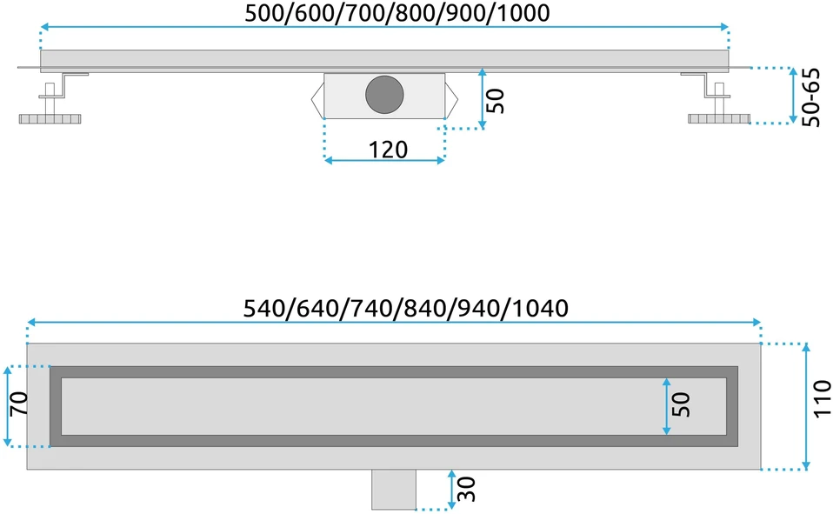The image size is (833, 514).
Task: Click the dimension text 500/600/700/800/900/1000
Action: click(397, 13)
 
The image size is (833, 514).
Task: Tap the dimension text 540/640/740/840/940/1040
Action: click(406, 308)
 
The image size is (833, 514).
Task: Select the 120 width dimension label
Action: click(388, 150)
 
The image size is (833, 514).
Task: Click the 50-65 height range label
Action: click(810, 97)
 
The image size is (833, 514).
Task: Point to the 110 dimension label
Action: click(822, 398)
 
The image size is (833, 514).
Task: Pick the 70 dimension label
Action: click(18, 404)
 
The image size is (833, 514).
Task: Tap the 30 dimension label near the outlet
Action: click(465, 489)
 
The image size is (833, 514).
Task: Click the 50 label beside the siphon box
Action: click(495, 101)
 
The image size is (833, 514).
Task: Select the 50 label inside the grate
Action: click(681, 404)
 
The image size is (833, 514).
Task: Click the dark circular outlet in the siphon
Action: click(384, 94)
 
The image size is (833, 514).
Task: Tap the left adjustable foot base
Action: click(50, 118)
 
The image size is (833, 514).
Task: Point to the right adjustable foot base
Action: click(719, 118)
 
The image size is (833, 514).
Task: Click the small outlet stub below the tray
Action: click(394, 489)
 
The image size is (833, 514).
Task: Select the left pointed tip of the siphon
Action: click(312, 98)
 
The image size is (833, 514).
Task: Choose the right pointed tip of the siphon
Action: click(456, 98)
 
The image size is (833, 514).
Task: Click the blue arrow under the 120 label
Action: click(384, 160)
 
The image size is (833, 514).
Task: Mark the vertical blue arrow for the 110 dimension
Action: click(806, 407)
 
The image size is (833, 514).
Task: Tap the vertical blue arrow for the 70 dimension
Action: click(8, 407)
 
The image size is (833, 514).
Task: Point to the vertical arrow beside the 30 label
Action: click(451, 489)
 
